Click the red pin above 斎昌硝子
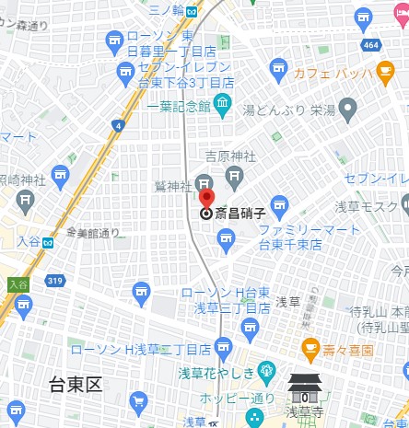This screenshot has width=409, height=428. coord(207,197)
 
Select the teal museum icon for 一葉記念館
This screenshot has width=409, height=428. coord(222,106)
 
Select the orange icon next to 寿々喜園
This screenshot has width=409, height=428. coord(310,350)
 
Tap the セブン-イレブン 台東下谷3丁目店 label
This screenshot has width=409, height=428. coord(179,79)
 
